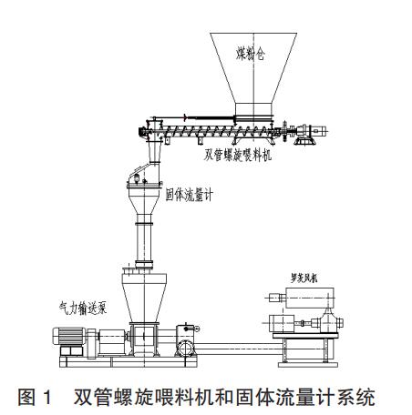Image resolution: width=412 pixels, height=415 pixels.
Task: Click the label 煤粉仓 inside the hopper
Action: tap(251, 54)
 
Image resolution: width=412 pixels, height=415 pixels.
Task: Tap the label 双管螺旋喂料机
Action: tap(237, 156)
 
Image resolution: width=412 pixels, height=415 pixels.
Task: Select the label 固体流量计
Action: tap(189, 195)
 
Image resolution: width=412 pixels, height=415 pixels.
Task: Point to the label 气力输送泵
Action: tap(83, 308)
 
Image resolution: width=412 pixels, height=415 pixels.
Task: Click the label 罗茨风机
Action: tap(304, 278)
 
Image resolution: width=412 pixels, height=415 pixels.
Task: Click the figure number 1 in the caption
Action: tap(47, 397)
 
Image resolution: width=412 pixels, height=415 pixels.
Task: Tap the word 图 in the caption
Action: tap(27, 397)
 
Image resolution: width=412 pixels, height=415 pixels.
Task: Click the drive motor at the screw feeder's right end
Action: tap(312, 131)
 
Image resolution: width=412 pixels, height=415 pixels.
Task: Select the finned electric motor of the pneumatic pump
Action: tap(68, 336)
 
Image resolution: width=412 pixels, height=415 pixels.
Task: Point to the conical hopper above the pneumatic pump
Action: tap(144, 298)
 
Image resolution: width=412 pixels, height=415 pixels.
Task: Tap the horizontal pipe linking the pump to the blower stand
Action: tap(238, 349)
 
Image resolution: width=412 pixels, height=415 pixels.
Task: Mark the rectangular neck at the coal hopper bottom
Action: tap(253, 109)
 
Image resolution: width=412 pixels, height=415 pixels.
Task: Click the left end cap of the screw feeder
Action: tap(141, 132)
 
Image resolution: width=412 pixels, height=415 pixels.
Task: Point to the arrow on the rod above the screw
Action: tap(184, 117)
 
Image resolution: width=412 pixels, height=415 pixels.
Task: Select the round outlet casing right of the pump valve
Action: tap(185, 349)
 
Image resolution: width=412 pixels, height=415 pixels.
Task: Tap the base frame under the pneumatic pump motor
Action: tap(128, 362)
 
